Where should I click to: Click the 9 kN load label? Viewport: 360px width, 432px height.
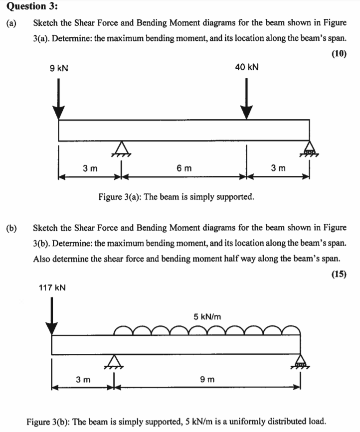point(59,67)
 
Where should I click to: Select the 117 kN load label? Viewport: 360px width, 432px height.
point(53,288)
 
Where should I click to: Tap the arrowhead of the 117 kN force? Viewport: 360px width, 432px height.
point(52,328)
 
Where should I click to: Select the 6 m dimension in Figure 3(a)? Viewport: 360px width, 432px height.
point(183,168)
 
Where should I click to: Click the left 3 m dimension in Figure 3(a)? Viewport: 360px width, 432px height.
point(90,168)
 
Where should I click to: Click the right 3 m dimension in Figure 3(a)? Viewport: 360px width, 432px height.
point(278,168)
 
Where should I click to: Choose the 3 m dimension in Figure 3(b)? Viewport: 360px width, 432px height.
point(83,380)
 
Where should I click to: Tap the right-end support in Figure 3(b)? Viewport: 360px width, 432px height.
point(300,361)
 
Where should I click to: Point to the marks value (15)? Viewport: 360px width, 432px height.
point(339,274)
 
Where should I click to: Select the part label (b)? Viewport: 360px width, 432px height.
point(11,228)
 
